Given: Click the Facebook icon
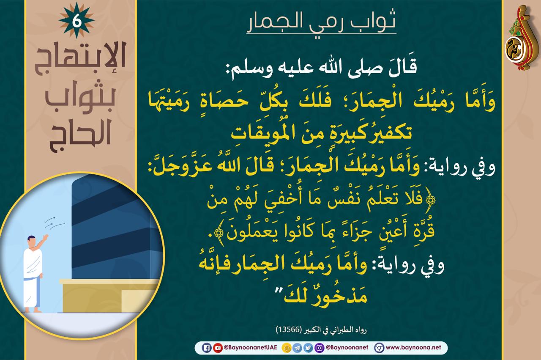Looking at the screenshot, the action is pyautogui.click(x=207, y=348).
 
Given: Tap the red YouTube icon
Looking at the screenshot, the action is pyautogui.click(x=217, y=348).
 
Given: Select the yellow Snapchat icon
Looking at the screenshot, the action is pyautogui.click(x=286, y=348).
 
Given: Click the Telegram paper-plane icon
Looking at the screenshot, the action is pyautogui.click(x=297, y=348).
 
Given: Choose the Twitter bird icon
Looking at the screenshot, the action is pyautogui.click(x=308, y=348).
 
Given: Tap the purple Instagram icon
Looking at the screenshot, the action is pyautogui.click(x=319, y=348).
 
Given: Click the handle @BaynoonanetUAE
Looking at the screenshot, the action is pyautogui.click(x=250, y=348).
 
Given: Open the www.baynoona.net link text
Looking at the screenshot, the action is pyautogui.click(x=413, y=348).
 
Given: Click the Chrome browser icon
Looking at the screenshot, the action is pyautogui.click(x=379, y=348).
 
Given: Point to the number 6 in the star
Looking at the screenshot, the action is pyautogui.click(x=77, y=22).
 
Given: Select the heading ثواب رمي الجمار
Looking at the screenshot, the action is pyautogui.click(x=321, y=22).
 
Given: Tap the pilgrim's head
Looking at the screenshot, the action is pyautogui.click(x=31, y=242).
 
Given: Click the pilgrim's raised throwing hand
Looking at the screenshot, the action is pyautogui.click(x=45, y=237).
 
